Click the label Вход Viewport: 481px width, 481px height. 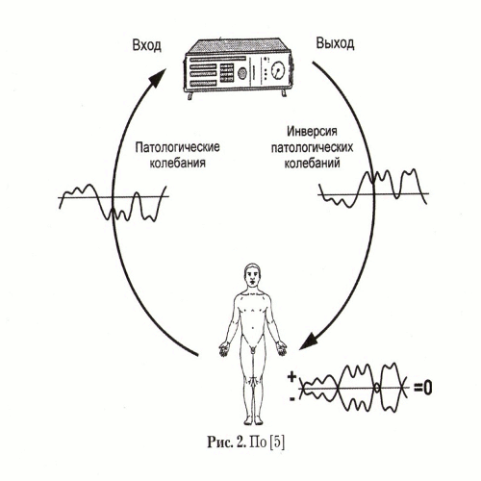(146, 45)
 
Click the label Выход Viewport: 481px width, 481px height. (335, 43)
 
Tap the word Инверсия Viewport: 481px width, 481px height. (312, 132)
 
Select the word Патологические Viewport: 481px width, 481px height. (177, 147)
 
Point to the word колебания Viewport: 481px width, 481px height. (178, 163)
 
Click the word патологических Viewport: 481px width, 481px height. (312, 148)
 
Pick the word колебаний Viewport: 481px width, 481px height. (312, 164)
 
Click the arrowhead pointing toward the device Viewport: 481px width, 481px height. (156, 78)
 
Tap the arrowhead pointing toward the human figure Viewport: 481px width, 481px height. (310, 341)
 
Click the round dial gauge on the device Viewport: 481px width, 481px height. (278, 70)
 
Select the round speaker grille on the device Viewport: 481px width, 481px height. (242, 73)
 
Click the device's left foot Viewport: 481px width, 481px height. (190, 96)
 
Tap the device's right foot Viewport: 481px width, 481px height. (284, 92)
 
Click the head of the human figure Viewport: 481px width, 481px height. (252, 277)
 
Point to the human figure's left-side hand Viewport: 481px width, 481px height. (224, 348)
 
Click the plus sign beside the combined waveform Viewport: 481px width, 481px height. (291, 376)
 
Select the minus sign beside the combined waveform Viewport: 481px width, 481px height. (292, 399)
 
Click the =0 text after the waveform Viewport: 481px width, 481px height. (423, 388)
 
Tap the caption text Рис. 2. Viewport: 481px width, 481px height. (227, 443)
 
